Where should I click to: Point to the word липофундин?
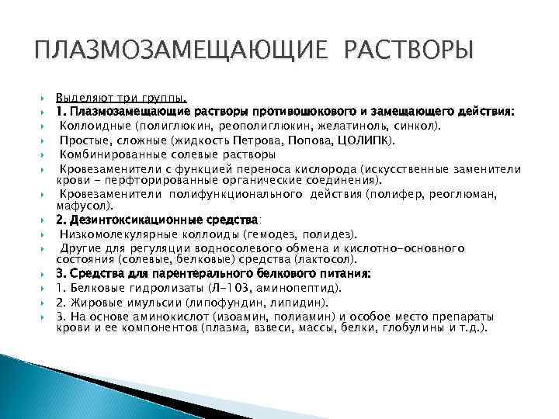(x=213, y=303)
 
